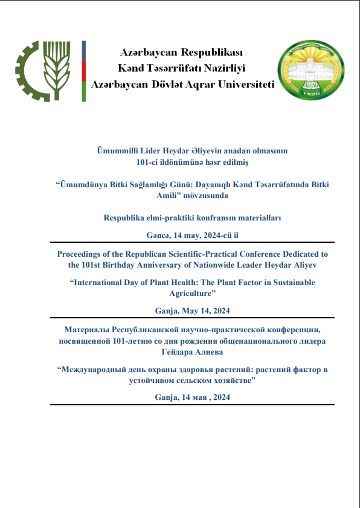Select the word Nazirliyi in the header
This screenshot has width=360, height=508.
pos(222,68)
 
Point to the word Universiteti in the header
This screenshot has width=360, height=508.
pos(240,85)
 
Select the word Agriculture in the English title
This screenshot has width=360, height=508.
pos(192,294)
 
